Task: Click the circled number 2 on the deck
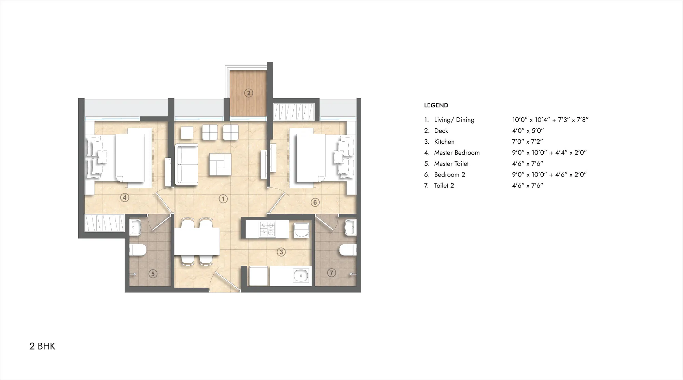(x=249, y=93)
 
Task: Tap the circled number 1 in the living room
(x=223, y=199)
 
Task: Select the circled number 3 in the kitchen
(x=281, y=252)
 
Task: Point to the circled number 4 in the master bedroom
(x=125, y=197)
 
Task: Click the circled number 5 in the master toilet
(x=153, y=274)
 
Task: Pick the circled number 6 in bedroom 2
(x=315, y=202)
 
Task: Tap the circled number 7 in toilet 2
(x=331, y=273)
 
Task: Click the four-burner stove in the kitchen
(x=267, y=229)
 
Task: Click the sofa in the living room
(x=186, y=165)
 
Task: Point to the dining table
(x=197, y=241)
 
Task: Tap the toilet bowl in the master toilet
(x=138, y=250)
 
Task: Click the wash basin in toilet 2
(x=350, y=227)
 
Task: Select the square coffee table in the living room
(x=220, y=165)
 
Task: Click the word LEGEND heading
(x=436, y=105)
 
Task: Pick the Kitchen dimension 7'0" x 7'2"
(x=527, y=142)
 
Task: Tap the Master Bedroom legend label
(x=457, y=153)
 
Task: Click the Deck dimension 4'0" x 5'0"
(x=528, y=131)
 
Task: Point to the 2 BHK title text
(x=42, y=346)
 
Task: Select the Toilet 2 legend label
(x=444, y=185)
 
